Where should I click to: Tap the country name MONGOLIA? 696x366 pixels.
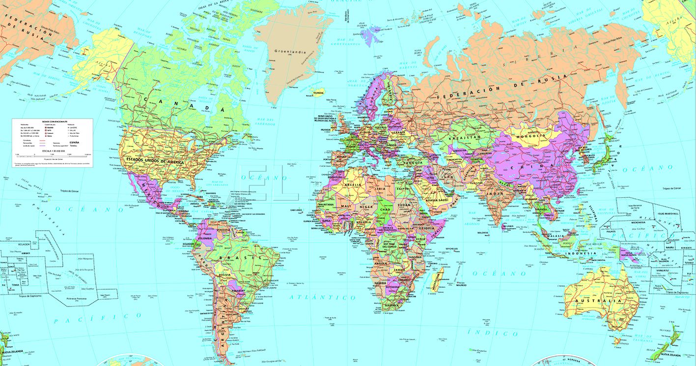click(529, 136)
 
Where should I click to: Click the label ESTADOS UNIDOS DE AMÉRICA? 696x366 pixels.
click(155, 161)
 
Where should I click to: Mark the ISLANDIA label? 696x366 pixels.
click(318, 92)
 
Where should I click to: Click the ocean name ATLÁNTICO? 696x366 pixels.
click(322, 298)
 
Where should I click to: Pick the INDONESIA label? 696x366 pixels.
click(581, 253)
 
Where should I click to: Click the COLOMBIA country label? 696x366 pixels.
click(206, 238)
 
